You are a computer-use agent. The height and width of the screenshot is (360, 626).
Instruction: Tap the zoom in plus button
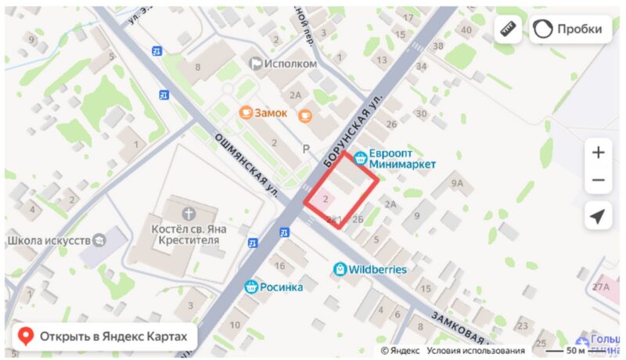(x=599, y=153)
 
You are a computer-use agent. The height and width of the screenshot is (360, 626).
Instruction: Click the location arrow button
(x=599, y=216)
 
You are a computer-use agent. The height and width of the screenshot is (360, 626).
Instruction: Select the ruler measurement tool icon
(x=508, y=30)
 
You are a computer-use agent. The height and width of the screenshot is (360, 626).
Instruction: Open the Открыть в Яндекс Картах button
(x=103, y=337)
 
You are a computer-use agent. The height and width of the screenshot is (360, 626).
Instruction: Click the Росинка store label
(x=281, y=286)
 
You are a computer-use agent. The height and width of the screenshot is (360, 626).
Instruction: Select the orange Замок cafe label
(x=271, y=113)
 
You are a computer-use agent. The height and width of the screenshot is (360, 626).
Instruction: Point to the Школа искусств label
(x=49, y=240)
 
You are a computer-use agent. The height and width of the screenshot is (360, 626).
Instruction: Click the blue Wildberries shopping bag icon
(x=340, y=269)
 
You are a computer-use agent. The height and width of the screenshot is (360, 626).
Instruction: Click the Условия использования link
(x=476, y=351)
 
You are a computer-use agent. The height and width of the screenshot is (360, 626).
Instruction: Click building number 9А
(x=458, y=185)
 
